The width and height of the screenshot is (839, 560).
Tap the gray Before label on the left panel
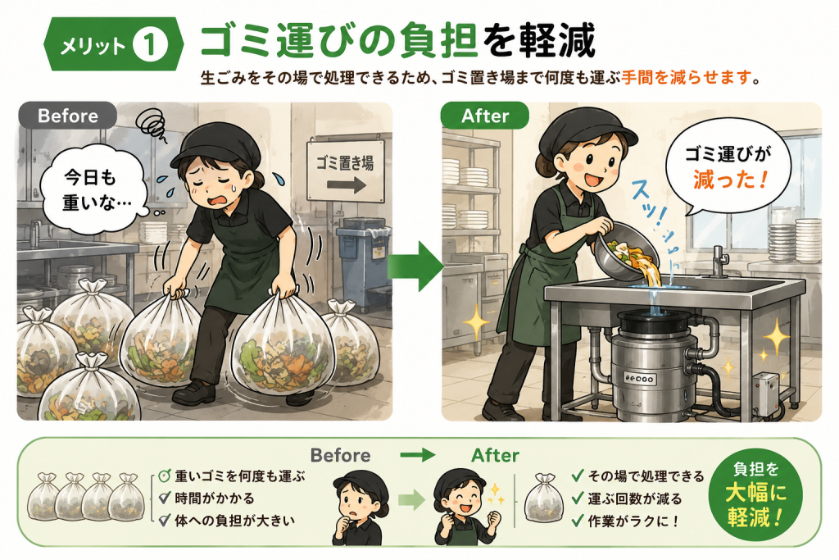tap(67, 116)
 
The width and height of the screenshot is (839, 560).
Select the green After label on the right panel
tap(485, 116)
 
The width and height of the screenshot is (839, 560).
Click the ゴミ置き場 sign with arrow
tap(346, 171)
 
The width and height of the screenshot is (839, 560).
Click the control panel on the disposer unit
tap(639, 379)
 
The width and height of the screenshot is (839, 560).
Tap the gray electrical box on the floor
tap(765, 393)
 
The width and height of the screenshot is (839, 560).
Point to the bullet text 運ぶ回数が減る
tap(635, 499)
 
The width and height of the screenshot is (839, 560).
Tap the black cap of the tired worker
tap(215, 143)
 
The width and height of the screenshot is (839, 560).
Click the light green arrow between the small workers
tap(411, 501)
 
